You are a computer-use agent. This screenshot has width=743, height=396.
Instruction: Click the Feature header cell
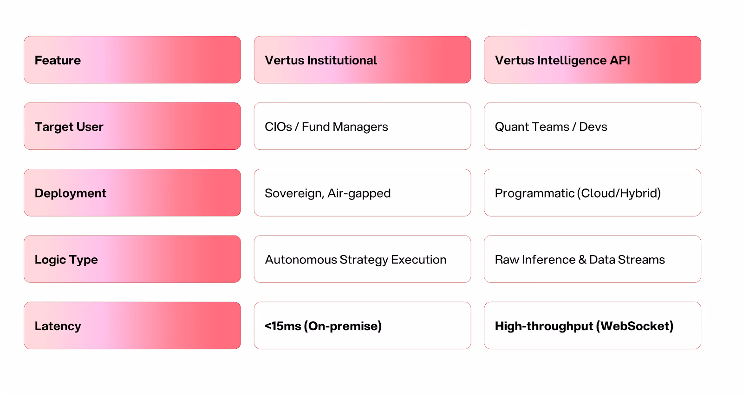pos(132,60)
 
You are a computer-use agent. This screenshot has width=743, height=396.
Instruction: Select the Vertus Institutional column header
pos(362,60)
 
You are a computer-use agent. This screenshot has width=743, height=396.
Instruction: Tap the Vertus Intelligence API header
pos(592,60)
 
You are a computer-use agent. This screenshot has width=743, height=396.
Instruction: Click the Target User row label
pos(132,126)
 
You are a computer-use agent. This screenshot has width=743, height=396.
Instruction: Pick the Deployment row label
pos(132,192)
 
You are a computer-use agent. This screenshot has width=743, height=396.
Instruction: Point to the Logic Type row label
pos(132,259)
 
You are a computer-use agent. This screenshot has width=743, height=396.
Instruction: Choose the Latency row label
pos(132,326)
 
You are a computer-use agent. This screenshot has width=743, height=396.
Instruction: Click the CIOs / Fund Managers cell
pos(362,126)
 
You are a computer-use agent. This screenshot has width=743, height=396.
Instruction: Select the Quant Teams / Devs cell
pos(592,126)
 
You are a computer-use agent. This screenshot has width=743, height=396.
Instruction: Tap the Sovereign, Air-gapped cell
pos(362,192)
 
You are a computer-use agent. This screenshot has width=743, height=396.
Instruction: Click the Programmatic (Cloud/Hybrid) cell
pos(592,192)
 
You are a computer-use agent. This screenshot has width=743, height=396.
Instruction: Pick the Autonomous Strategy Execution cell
pos(362,259)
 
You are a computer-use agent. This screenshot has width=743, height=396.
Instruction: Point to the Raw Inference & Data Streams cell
pos(592,259)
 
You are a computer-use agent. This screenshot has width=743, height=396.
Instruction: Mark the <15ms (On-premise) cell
pos(362,326)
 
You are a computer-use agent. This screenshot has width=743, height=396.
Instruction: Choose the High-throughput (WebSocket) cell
pos(592,326)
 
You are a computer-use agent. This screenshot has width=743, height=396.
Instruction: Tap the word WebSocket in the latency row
pos(634,326)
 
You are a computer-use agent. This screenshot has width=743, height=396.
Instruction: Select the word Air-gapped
pos(359,193)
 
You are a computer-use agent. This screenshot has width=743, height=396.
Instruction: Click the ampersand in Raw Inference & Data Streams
pos(582,260)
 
